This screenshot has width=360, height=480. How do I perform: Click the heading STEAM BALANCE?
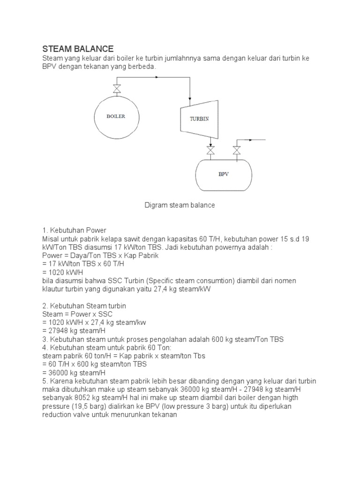[x=78, y=49]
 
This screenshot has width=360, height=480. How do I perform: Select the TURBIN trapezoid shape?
[x=199, y=119]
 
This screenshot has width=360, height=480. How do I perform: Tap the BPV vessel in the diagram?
[x=223, y=174]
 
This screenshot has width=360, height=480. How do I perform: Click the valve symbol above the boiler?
[x=117, y=89]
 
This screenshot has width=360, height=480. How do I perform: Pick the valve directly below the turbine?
[x=211, y=150]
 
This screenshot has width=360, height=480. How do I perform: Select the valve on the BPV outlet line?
[x=237, y=150]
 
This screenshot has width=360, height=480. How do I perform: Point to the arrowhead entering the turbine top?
[x=189, y=97]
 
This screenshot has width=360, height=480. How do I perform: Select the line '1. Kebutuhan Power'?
[x=75, y=230]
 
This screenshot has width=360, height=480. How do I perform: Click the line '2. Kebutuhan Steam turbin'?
[x=84, y=306]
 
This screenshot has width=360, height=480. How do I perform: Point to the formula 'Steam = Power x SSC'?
[x=77, y=314]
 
